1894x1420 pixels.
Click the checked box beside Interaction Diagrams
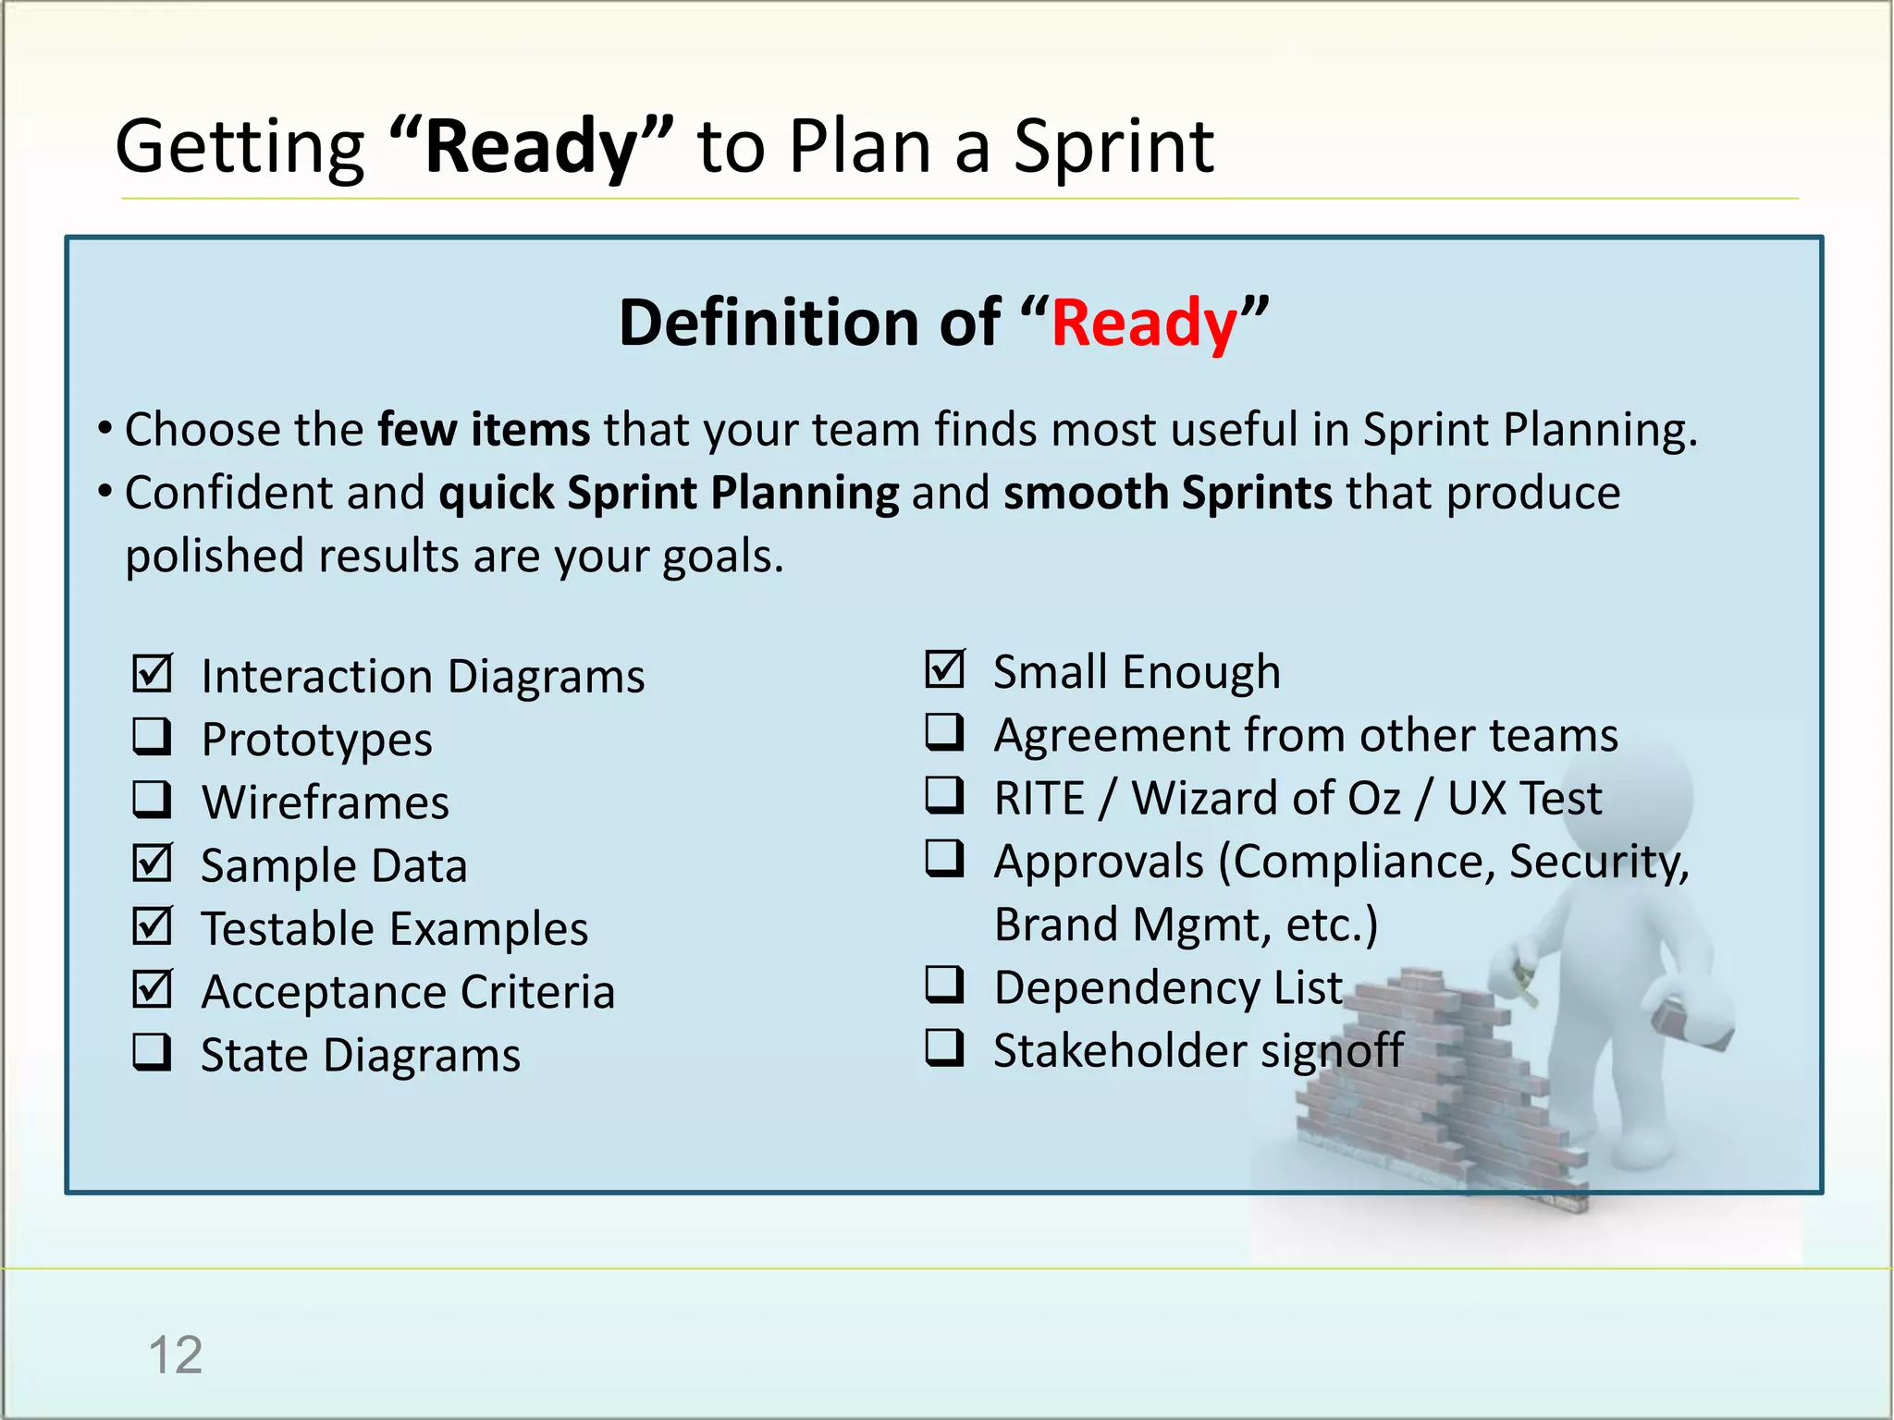tap(152, 674)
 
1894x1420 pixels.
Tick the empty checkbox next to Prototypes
tap(152, 737)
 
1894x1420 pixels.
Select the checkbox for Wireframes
tap(152, 801)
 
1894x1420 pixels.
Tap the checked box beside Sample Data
tap(152, 863)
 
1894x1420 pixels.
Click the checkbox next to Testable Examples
tap(152, 926)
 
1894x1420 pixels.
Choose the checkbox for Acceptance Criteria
tap(152, 989)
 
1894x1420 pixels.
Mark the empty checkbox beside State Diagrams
tap(152, 1052)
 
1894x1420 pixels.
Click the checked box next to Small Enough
tap(944, 669)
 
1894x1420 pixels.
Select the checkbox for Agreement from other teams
tap(944, 732)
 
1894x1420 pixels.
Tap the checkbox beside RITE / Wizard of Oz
tap(944, 795)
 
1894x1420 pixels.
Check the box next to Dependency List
tap(944, 985)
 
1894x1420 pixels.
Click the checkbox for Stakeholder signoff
tap(944, 1048)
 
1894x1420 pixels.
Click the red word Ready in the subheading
tap(1144, 324)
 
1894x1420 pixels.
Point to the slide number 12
tap(175, 1355)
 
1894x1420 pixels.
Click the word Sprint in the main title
tap(1113, 148)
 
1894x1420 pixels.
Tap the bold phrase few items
tap(484, 430)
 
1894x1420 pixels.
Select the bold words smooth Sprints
tap(1167, 493)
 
